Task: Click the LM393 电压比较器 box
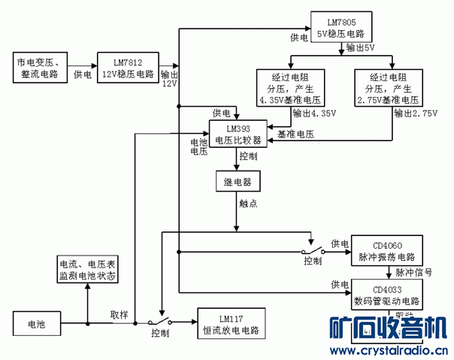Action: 238,133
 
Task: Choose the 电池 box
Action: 36,324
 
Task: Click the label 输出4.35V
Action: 314,113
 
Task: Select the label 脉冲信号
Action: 413,272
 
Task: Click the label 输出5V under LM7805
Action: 360,48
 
